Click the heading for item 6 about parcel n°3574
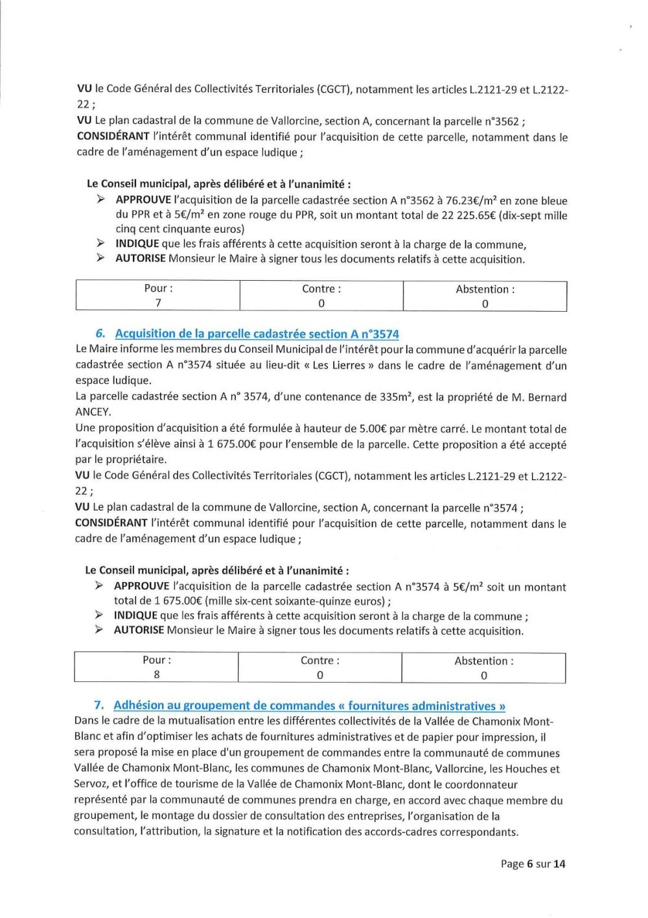[x=257, y=334]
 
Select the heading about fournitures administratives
[x=309, y=706]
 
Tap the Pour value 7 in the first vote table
[x=158, y=303]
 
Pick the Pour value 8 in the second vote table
[x=157, y=674]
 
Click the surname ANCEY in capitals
[x=93, y=412]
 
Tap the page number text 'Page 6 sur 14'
[x=533, y=864]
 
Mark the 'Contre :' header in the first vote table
[x=321, y=289]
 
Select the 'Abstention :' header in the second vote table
[x=483, y=661]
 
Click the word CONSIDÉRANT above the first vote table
[x=113, y=137]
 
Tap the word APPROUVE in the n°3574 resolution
[x=141, y=586]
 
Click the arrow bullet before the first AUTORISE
[x=100, y=259]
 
